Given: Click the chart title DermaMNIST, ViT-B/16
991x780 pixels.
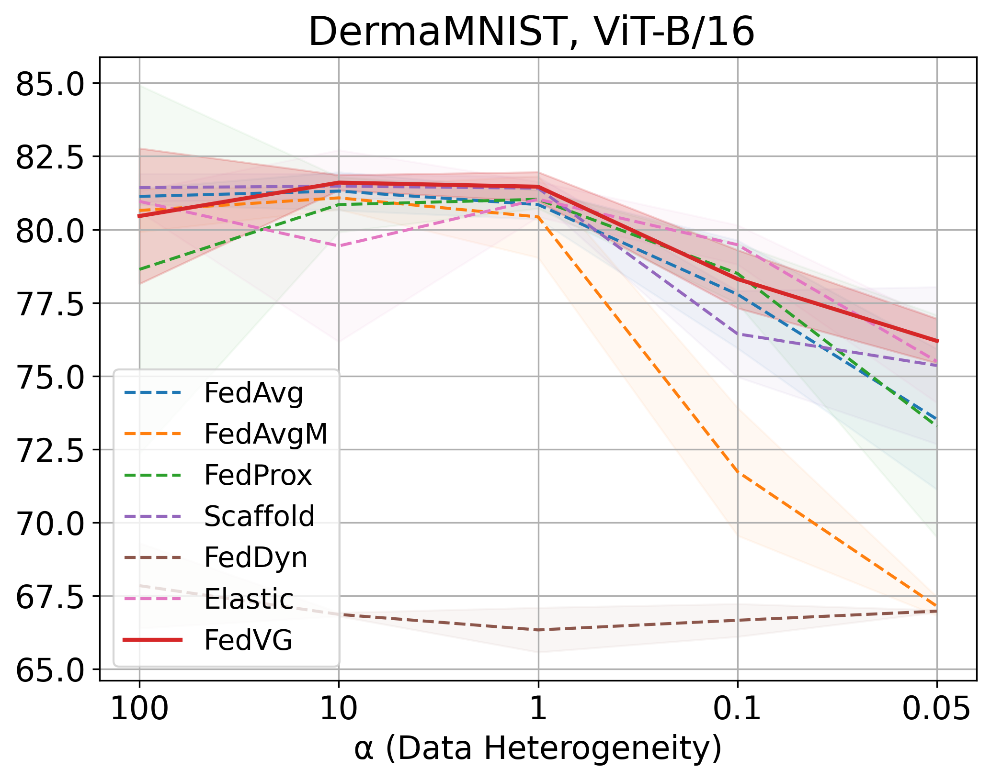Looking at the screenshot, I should click(x=532, y=32).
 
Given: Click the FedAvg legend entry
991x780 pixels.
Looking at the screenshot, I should click(x=253, y=393).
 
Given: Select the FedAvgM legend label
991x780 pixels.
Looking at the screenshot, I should click(x=266, y=435).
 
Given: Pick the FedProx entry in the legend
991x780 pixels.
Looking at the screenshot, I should click(x=258, y=476).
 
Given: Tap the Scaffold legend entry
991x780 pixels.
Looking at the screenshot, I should click(x=259, y=517).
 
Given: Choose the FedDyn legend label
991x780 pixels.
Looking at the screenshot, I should click(x=255, y=558).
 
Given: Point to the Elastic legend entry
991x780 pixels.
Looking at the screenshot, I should click(x=249, y=599).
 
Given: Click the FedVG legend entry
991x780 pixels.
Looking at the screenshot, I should click(x=248, y=640).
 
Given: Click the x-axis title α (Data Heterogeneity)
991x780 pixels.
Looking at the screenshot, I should click(x=537, y=749).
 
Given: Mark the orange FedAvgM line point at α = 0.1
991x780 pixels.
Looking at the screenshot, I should click(x=738, y=472).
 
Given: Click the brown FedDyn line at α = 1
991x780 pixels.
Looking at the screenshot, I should click(x=538, y=630).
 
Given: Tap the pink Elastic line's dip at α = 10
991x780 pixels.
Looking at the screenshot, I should click(x=339, y=246).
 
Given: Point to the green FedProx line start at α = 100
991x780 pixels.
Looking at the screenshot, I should click(x=140, y=269).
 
